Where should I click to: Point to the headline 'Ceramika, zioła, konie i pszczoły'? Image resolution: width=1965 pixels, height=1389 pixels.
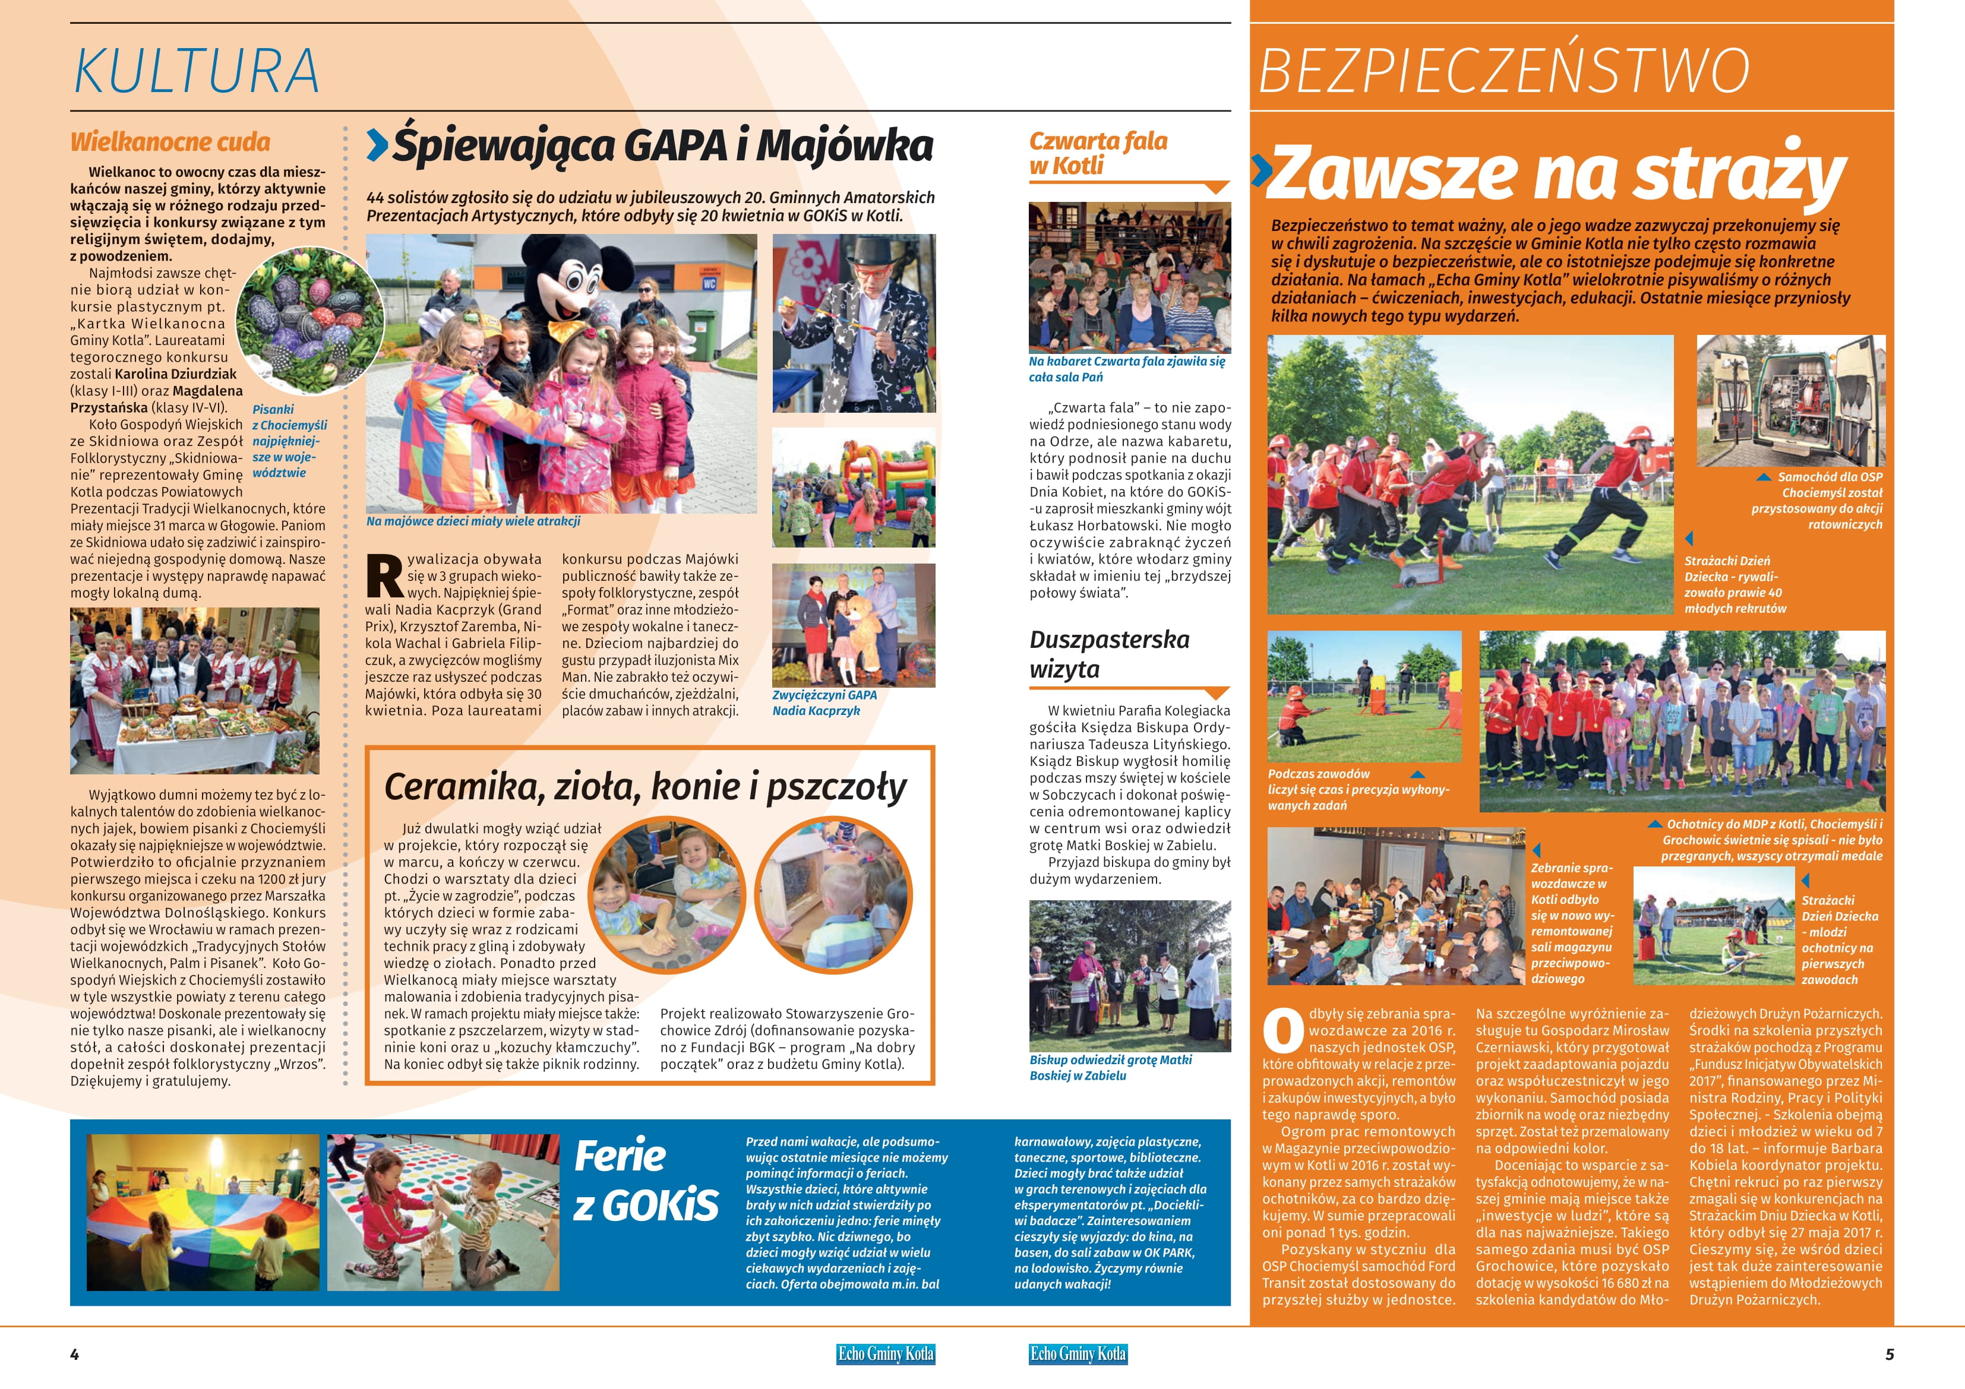tap(645, 786)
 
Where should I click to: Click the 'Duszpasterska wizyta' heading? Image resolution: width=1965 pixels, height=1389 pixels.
tap(1109, 654)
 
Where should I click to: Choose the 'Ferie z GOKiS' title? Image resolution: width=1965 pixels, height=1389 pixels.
tap(645, 1182)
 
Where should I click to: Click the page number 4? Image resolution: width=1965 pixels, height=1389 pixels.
tap(74, 1354)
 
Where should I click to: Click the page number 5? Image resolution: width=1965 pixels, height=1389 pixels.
tap(1890, 1354)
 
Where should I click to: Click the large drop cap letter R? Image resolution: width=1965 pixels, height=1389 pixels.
tap(384, 578)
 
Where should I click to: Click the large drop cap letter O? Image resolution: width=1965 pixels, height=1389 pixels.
tap(1283, 1032)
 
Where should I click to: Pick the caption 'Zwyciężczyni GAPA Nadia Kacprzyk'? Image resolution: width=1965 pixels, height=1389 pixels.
tap(824, 703)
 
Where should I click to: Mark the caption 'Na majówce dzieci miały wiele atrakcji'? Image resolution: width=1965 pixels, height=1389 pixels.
tap(473, 521)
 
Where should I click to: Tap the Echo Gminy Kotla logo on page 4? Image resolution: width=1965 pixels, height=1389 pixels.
tap(885, 1354)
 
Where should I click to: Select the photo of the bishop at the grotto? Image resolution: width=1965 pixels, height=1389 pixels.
tap(1130, 976)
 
